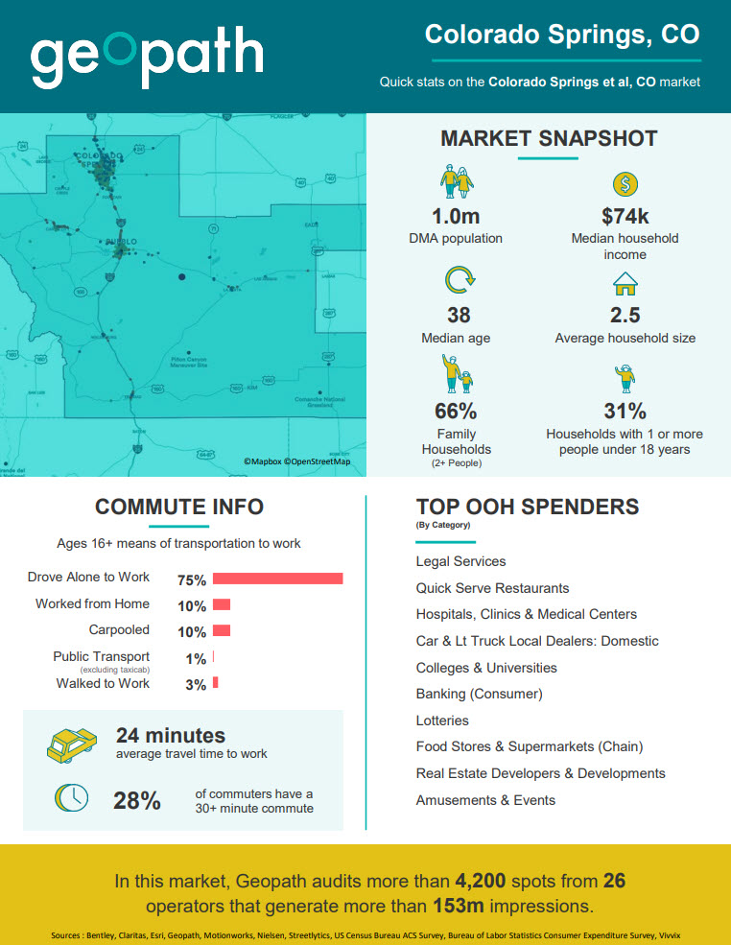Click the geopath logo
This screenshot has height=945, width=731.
point(147,57)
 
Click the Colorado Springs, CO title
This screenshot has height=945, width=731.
point(562,35)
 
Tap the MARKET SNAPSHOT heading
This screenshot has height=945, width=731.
point(549,138)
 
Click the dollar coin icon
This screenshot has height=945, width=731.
point(625,183)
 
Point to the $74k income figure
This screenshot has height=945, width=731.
point(625,217)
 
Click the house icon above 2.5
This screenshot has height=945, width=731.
point(625,284)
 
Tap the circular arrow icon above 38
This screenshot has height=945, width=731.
point(459,281)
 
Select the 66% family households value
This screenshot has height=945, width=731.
point(457,412)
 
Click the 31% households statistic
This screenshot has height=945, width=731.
point(625,412)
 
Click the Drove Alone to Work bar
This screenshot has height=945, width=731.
point(277,579)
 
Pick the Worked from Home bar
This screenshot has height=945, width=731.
point(222,604)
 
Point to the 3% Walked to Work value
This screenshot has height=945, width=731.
point(196,684)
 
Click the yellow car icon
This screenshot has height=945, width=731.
point(72,744)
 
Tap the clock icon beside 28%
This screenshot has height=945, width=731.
point(72,798)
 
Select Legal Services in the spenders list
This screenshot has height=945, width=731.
point(460,561)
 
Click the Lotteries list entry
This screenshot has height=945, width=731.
point(442,721)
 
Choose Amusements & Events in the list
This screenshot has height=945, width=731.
point(485,800)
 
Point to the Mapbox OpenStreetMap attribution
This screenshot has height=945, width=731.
point(296,462)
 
